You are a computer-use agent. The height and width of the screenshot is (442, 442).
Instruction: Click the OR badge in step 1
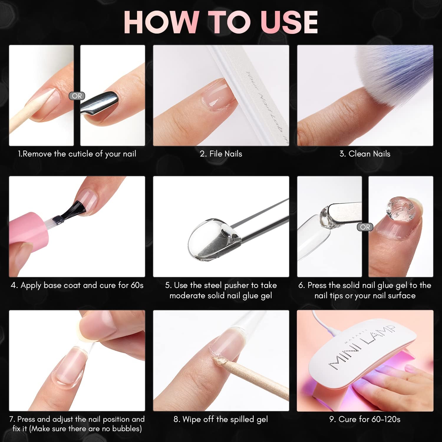pyautogui.click(x=77, y=96)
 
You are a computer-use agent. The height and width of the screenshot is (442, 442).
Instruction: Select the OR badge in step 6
pyautogui.click(x=365, y=227)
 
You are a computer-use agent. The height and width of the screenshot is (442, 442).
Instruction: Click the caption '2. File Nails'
pyautogui.click(x=221, y=154)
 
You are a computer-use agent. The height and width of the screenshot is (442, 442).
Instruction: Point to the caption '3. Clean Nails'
pyautogui.click(x=365, y=154)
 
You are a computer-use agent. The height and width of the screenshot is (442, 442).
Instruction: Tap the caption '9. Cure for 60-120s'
pyautogui.click(x=365, y=419)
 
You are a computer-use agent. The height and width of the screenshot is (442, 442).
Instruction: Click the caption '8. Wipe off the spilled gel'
pyautogui.click(x=221, y=419)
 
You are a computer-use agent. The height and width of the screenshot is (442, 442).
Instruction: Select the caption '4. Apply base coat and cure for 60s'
pyautogui.click(x=77, y=285)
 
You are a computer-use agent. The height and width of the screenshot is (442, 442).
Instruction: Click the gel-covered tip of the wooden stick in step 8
pyautogui.click(x=220, y=361)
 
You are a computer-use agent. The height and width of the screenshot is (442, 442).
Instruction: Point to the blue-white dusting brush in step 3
pyautogui.click(x=392, y=74)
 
